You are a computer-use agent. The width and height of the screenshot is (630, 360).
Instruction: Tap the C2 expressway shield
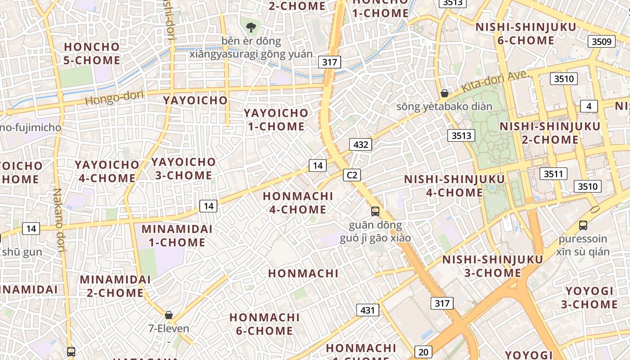352,175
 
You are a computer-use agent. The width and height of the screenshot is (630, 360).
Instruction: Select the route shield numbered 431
368,310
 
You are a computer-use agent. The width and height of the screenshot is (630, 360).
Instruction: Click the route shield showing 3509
602,42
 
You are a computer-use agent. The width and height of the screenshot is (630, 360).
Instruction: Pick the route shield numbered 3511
553,174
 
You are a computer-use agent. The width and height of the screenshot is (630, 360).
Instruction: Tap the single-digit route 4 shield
589,106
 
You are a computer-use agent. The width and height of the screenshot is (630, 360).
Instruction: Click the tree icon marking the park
251,27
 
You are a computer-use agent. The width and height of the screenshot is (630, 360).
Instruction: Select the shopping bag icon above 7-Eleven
169,315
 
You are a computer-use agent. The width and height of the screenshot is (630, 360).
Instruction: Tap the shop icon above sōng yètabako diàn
445,93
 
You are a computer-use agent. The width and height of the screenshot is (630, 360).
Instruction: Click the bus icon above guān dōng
375,211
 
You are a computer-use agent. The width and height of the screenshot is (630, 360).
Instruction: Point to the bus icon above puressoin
583,225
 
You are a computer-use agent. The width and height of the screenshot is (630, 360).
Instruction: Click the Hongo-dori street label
114,97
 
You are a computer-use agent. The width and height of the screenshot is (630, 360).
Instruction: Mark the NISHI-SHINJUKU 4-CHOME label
454,186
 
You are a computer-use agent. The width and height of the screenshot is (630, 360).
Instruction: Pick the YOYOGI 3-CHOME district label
589,297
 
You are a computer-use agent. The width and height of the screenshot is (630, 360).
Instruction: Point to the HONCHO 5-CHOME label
92,53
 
